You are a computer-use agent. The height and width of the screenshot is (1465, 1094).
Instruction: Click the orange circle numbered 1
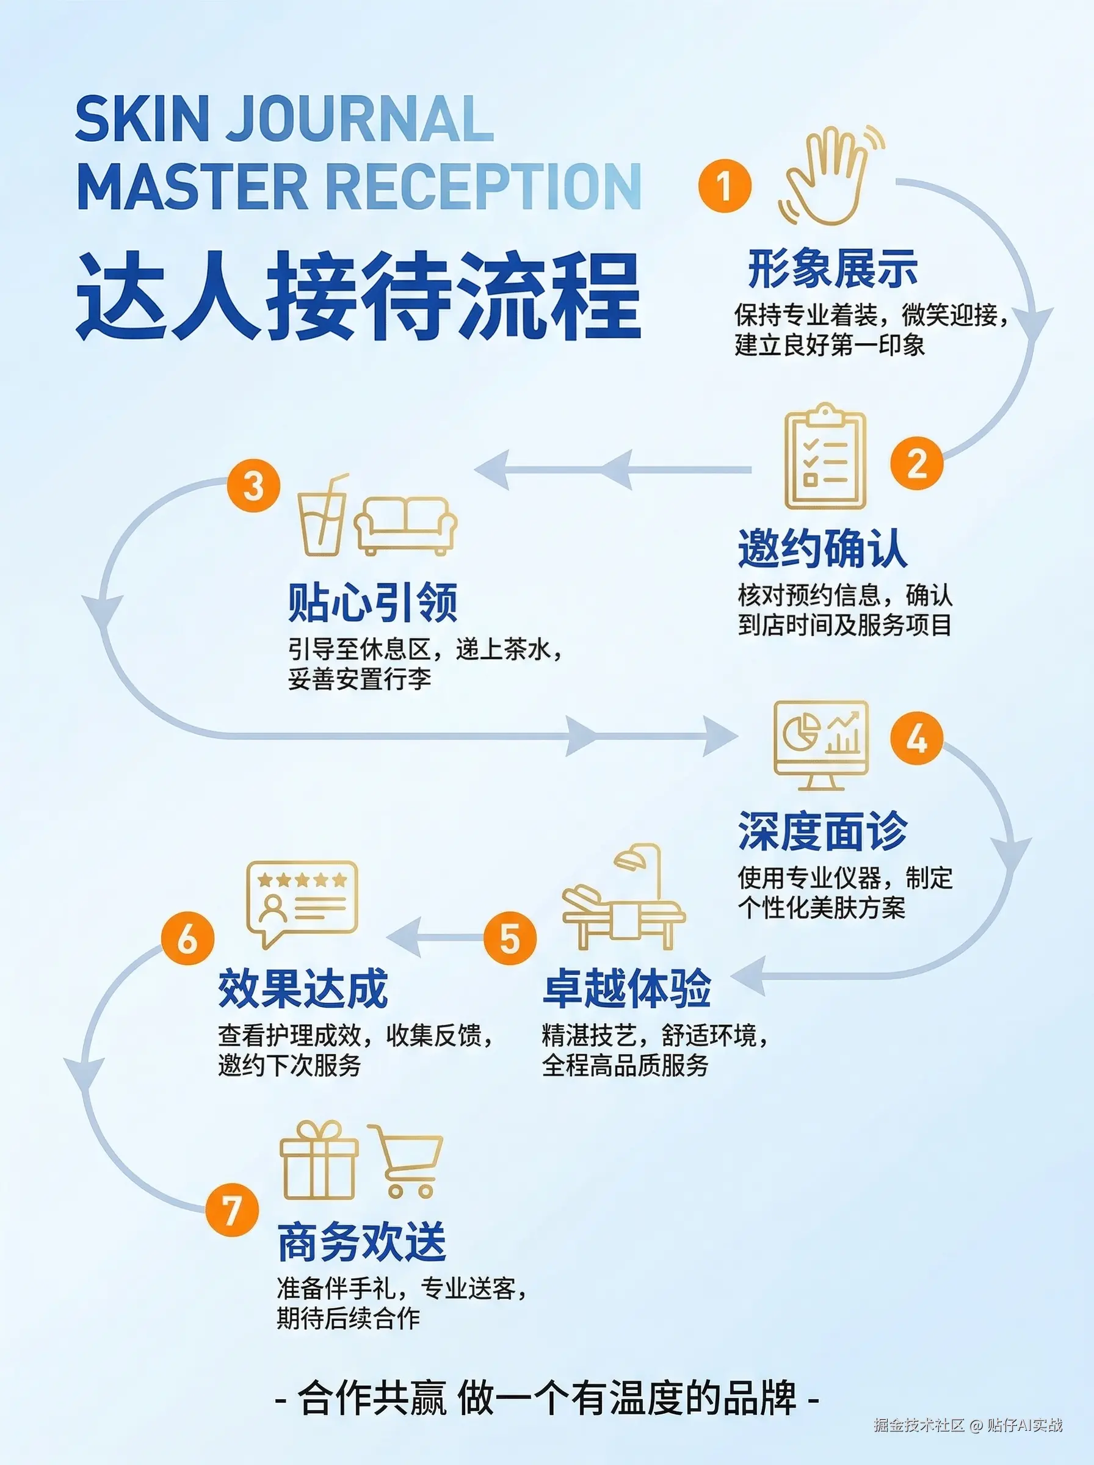(x=725, y=185)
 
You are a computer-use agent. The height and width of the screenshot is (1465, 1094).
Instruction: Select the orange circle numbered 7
(x=231, y=1209)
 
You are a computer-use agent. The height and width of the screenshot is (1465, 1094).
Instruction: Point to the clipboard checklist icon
(x=825, y=457)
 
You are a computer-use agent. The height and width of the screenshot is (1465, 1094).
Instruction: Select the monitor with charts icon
(x=820, y=745)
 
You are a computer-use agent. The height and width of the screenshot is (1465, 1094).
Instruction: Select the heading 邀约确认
(x=822, y=549)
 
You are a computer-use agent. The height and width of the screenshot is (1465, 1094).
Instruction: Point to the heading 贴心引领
(x=372, y=602)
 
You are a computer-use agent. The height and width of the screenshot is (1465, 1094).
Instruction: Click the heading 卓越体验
(x=626, y=989)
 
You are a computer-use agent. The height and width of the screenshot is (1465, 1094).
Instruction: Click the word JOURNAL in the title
(x=360, y=118)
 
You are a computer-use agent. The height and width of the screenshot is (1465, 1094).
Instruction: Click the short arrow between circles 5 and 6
(x=434, y=938)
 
